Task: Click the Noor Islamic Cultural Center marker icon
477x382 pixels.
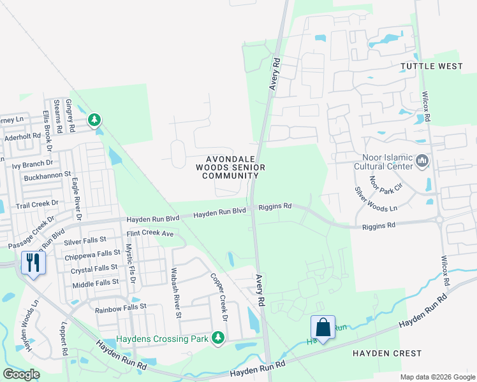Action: (422, 162)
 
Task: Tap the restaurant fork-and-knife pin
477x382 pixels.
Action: (31, 262)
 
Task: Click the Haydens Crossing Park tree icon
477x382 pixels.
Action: (218, 337)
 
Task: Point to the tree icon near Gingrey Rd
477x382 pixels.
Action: (94, 119)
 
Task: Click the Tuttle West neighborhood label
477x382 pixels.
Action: (432, 66)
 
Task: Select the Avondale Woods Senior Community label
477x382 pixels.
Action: (230, 167)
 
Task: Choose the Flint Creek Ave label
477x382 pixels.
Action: (150, 234)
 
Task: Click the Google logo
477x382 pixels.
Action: (22, 374)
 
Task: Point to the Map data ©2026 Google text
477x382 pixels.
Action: (437, 377)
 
